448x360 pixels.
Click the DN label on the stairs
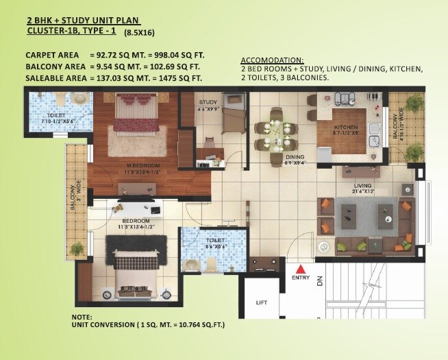tap(319, 280)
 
